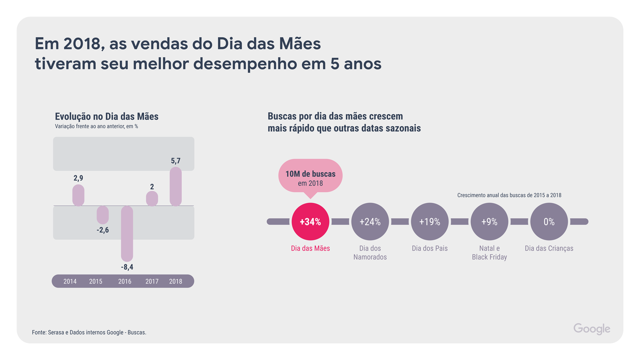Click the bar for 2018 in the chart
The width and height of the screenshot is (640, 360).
click(x=175, y=187)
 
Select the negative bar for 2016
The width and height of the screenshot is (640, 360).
click(x=127, y=233)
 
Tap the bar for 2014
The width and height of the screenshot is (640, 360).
click(x=78, y=195)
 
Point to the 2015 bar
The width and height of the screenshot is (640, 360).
click(x=103, y=215)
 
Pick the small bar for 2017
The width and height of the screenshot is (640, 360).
click(x=152, y=199)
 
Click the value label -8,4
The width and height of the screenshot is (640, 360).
click(x=127, y=267)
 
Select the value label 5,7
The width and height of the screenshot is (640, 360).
click(x=175, y=161)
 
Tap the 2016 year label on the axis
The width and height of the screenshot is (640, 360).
click(x=125, y=282)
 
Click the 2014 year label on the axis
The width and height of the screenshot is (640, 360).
click(x=70, y=282)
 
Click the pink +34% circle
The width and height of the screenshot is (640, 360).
click(x=310, y=222)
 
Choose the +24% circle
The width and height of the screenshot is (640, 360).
click(x=370, y=222)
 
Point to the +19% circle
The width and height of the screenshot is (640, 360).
click(x=429, y=222)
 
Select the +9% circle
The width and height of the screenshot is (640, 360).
click(x=489, y=222)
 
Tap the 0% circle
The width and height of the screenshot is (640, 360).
click(x=549, y=222)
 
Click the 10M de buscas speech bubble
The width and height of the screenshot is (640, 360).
click(x=310, y=176)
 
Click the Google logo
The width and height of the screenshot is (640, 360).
click(x=592, y=329)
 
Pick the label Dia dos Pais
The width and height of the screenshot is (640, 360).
click(x=429, y=249)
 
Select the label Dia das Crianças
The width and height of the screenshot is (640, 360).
click(x=549, y=249)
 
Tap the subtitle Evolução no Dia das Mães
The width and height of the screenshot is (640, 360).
click(x=106, y=117)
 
